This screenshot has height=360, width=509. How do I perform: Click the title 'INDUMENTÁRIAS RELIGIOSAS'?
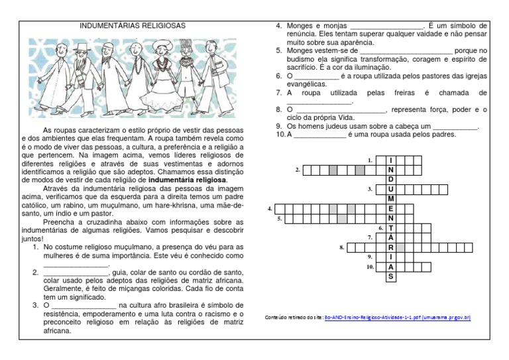[133, 26]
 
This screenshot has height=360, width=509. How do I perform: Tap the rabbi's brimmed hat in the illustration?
[80, 48]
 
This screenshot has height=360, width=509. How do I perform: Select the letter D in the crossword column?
[391, 180]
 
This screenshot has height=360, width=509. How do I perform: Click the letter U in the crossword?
[391, 189]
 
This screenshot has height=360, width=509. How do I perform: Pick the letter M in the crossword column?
[391, 199]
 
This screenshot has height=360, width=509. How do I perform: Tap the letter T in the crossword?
[391, 228]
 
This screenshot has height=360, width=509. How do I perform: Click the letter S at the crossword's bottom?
[391, 276]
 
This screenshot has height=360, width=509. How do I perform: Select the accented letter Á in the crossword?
[391, 237]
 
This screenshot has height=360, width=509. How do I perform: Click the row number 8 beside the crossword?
[341, 247]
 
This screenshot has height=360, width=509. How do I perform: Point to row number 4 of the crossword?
[270, 209]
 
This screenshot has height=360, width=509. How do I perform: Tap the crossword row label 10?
[370, 267]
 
